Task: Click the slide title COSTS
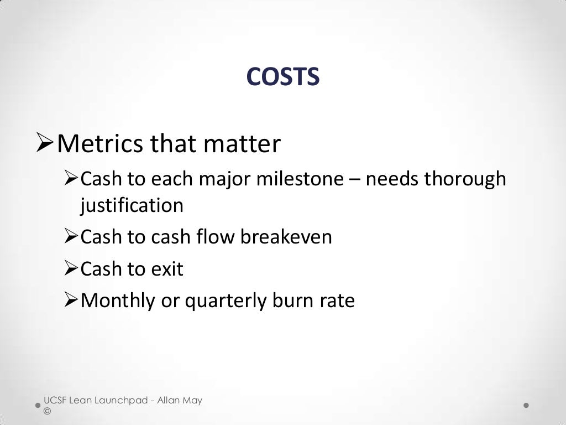[282, 77]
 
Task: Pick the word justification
[132, 205]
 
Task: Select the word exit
[167, 269]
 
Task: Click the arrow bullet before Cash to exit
[71, 269]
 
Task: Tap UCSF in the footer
[55, 400]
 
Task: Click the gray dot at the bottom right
[526, 405]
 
